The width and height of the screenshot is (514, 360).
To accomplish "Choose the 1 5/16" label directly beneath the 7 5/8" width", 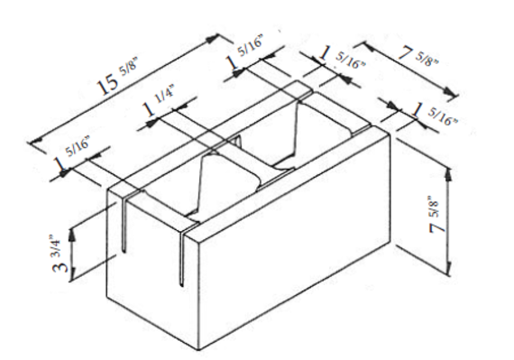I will [430, 112].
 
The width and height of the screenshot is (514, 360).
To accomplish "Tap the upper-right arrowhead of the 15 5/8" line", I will [217, 37].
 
